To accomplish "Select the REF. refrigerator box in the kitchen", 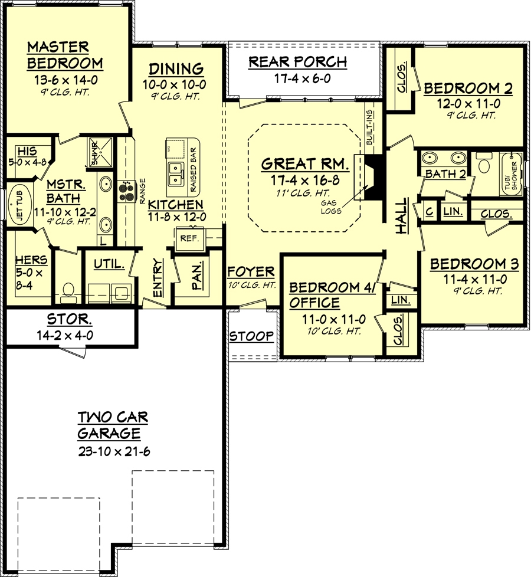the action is pyautogui.click(x=189, y=238).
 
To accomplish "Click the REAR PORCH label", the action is pyautogui.click(x=298, y=62).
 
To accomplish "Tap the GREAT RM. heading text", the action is pyautogui.click(x=305, y=164).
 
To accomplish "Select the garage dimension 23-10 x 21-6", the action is pyautogui.click(x=114, y=451).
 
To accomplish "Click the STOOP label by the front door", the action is pyautogui.click(x=251, y=336).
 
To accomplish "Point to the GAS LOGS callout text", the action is pyautogui.click(x=330, y=207).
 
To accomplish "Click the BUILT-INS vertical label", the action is pyautogui.click(x=369, y=127).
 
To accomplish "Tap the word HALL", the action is pyautogui.click(x=402, y=216).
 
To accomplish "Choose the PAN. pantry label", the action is pyautogui.click(x=197, y=276).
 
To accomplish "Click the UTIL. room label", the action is pyautogui.click(x=109, y=264).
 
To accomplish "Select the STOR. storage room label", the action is pyautogui.click(x=69, y=319).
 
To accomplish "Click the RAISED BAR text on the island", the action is pyautogui.click(x=193, y=170).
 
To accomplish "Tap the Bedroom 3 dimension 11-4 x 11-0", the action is pyautogui.click(x=475, y=279).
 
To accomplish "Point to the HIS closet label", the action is pyautogui.click(x=27, y=151).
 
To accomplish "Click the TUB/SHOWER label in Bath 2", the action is pyautogui.click(x=511, y=176).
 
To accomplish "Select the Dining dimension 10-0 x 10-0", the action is pyautogui.click(x=175, y=84).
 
